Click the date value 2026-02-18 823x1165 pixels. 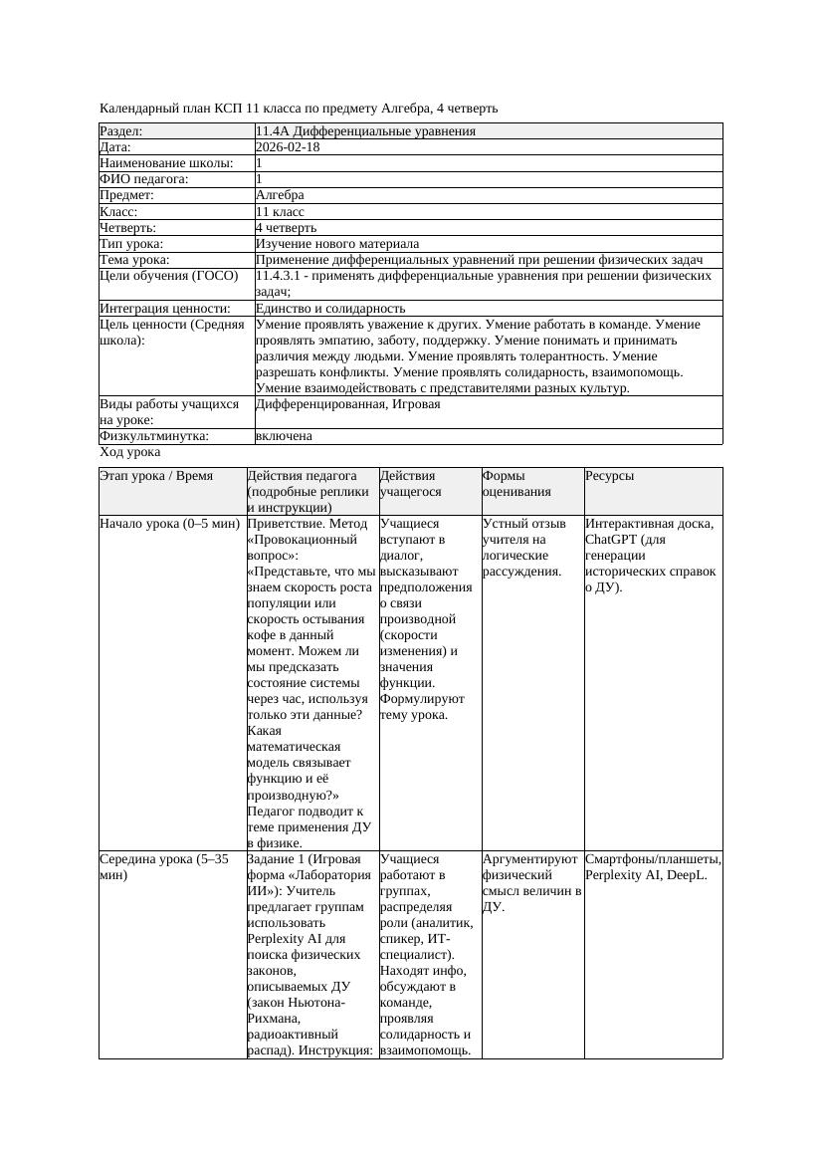click(288, 147)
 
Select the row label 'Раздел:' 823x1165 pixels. click(121, 131)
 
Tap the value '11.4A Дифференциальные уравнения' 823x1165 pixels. click(365, 131)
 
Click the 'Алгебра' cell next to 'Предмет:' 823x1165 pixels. click(280, 195)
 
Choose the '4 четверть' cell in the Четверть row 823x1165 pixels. click(286, 228)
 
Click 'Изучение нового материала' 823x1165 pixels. click(337, 244)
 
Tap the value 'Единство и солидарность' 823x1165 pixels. click(330, 309)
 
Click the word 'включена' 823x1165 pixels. click(284, 436)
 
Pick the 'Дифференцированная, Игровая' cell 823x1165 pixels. click(347, 404)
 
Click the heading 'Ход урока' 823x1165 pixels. click(129, 452)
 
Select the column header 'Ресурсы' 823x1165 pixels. click(610, 476)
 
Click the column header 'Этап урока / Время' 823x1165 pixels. click(156, 476)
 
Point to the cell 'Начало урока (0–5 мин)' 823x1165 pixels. click(169, 524)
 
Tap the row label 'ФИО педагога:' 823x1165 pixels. click(144, 179)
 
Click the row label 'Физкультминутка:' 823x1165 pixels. click(153, 436)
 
